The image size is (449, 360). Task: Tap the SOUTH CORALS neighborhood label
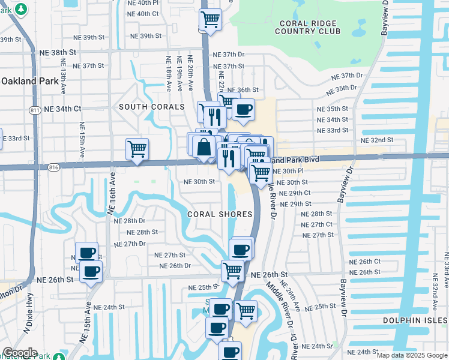[x=151, y=107]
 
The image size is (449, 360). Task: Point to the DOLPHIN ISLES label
[x=415, y=320]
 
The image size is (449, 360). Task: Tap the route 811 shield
[x=35, y=110]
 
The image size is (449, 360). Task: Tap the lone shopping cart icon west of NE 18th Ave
[x=137, y=149]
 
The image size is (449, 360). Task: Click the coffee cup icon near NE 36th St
[x=243, y=109]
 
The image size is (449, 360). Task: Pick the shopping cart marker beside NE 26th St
[x=232, y=270]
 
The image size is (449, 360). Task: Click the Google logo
[x=20, y=353]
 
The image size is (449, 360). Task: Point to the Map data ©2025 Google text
[x=411, y=355]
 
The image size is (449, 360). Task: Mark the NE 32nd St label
[x=376, y=140]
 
